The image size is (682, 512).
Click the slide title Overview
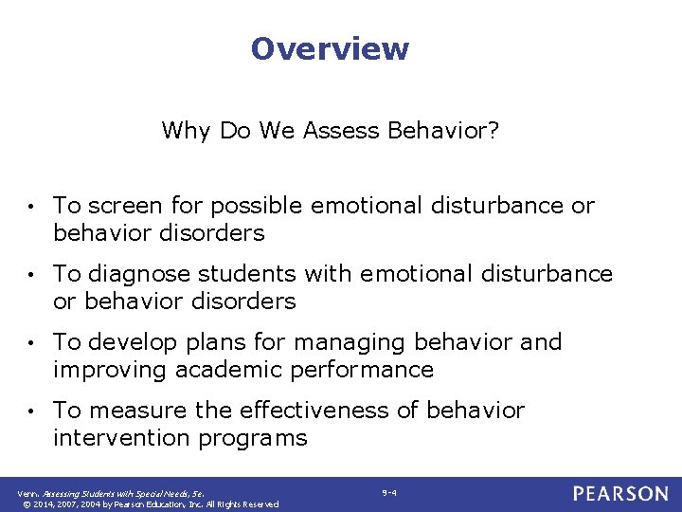coord(330,48)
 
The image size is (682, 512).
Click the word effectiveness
coord(328,411)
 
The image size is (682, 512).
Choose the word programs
coord(254,438)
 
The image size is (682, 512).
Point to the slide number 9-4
coord(388,492)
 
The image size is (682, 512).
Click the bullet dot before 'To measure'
coord(32,411)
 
